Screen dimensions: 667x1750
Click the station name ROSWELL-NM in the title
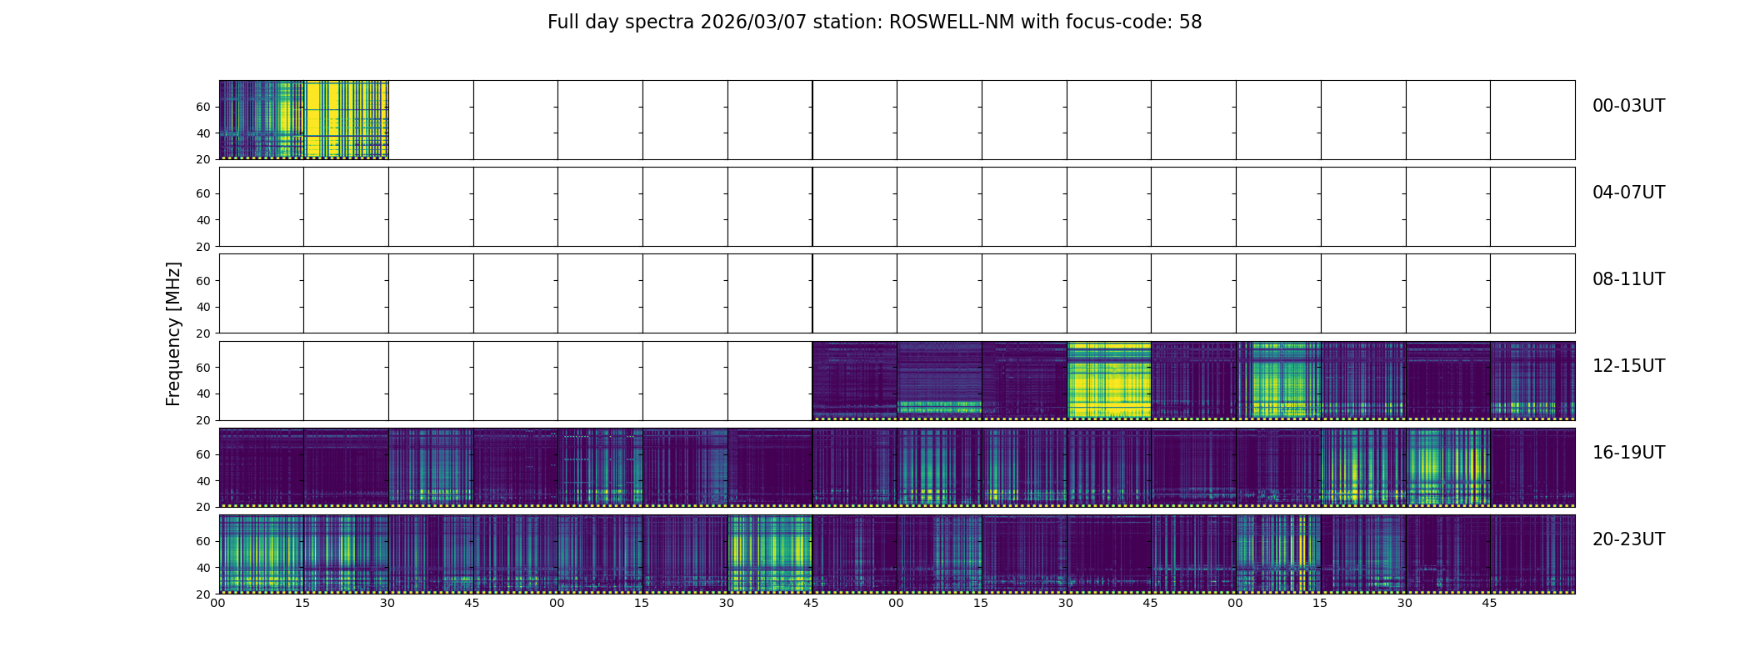[x=952, y=23]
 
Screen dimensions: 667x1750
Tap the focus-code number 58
[x=1190, y=23]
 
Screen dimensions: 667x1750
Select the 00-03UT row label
[x=1628, y=106]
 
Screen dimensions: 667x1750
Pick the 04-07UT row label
[x=1628, y=193]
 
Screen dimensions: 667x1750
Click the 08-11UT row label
[x=1628, y=279]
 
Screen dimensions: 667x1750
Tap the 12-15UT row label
[x=1628, y=366]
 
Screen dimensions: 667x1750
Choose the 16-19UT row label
[x=1628, y=453]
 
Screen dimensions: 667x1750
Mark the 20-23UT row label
[x=1628, y=539]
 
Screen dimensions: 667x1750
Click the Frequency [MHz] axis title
[x=173, y=333]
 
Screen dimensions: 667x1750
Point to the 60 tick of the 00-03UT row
[x=202, y=107]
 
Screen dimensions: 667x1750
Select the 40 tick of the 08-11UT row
[x=202, y=307]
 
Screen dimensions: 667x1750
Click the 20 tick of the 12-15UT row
[x=202, y=420]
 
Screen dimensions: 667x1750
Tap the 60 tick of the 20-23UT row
[x=202, y=541]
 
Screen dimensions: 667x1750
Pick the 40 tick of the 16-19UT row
[x=202, y=481]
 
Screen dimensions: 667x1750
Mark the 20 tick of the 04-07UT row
[x=202, y=247]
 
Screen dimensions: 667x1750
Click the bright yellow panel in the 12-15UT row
[x=1108, y=380]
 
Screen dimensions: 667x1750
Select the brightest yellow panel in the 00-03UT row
[x=346, y=119]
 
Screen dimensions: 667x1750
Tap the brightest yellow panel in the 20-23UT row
[x=769, y=554]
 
